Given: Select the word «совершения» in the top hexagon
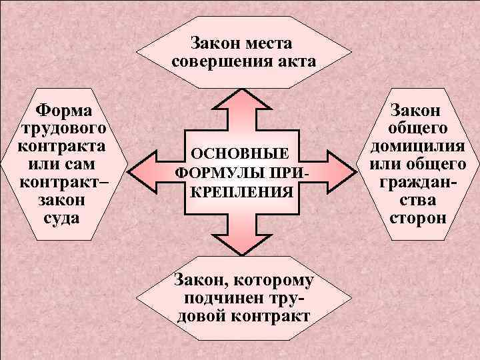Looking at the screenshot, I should point(219,62).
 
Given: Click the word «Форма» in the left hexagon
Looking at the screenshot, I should point(64,108).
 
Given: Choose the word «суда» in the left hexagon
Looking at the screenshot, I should point(61,216).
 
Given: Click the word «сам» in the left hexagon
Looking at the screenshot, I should point(85,163).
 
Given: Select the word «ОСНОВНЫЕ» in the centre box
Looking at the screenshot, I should point(240,153).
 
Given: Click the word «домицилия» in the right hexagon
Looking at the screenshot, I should point(418,145).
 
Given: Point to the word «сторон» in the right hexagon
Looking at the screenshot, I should point(418,217).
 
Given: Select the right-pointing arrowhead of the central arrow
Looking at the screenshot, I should point(339,171).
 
